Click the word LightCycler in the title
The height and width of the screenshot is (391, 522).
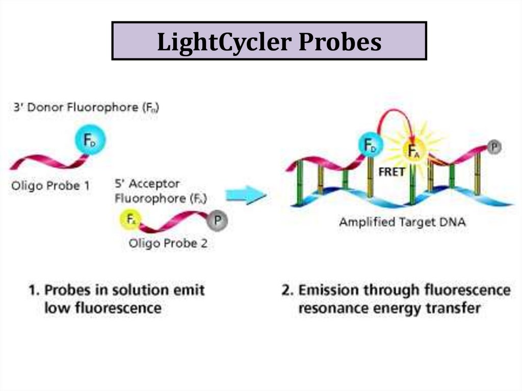223,42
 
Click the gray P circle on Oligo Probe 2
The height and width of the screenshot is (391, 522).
218,221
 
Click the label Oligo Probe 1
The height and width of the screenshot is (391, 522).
51,186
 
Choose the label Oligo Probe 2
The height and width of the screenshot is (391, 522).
168,243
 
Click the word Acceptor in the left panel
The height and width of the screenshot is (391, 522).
155,184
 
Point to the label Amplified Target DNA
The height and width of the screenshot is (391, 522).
402,222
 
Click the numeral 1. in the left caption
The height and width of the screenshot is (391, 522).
34,291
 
